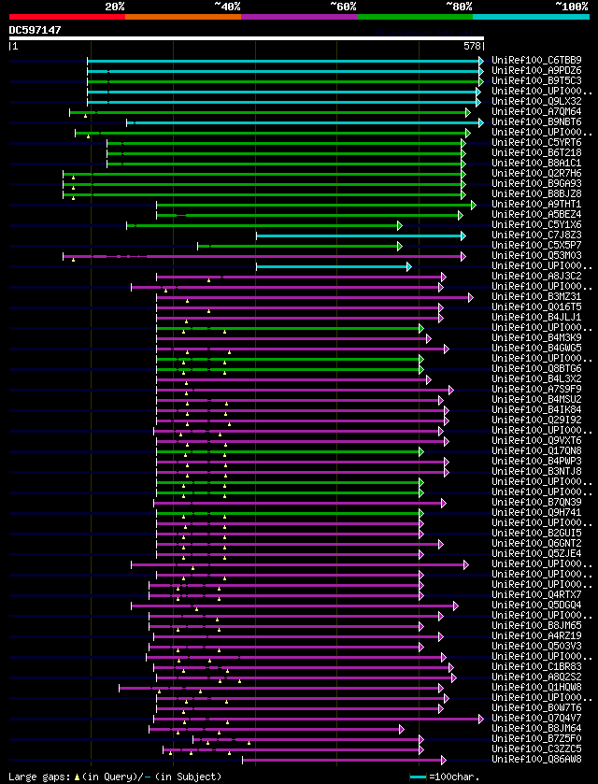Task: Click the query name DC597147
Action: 36,30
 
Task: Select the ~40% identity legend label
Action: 227,6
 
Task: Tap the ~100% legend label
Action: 571,6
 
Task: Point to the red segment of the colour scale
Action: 66,16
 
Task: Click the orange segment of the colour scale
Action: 182,16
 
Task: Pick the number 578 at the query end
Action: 473,45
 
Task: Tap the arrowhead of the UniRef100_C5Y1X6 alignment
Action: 399,225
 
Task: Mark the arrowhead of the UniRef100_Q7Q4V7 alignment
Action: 480,719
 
